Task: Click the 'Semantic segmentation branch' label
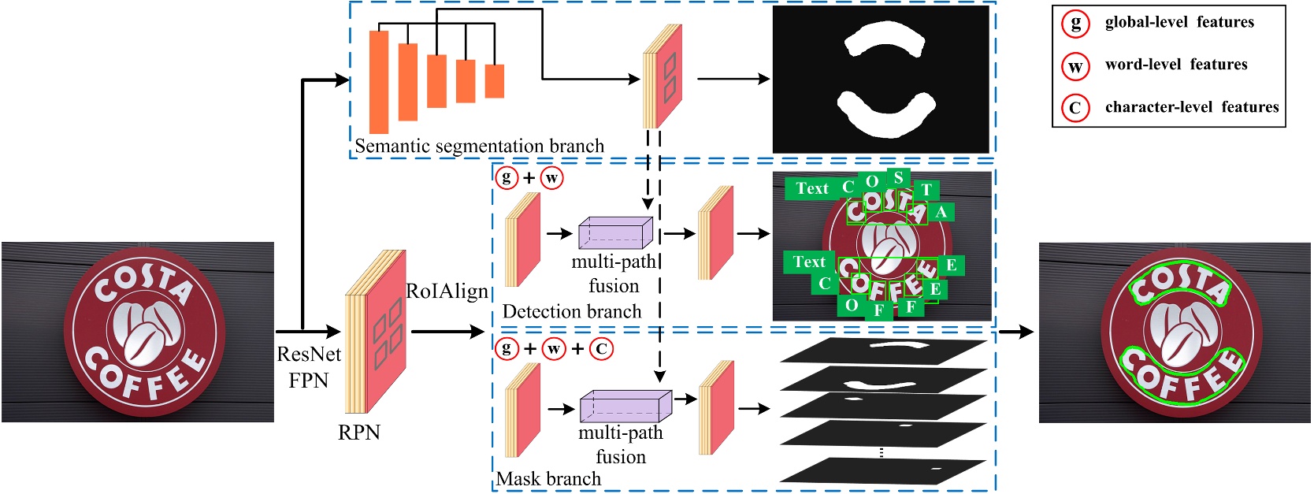(x=479, y=146)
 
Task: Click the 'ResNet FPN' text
(x=309, y=367)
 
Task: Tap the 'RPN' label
(x=359, y=432)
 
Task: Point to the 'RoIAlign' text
(x=447, y=292)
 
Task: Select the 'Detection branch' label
(x=571, y=311)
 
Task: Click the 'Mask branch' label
(x=548, y=478)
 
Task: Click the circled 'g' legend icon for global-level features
(x=1075, y=23)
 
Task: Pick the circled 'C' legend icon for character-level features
(x=1075, y=108)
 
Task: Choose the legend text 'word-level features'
(x=1175, y=65)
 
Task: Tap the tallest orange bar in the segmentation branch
(x=379, y=82)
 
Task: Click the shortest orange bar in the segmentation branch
(x=494, y=81)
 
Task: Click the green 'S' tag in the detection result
(x=898, y=178)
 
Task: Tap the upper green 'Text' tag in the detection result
(x=811, y=188)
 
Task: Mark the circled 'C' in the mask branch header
(x=601, y=348)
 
